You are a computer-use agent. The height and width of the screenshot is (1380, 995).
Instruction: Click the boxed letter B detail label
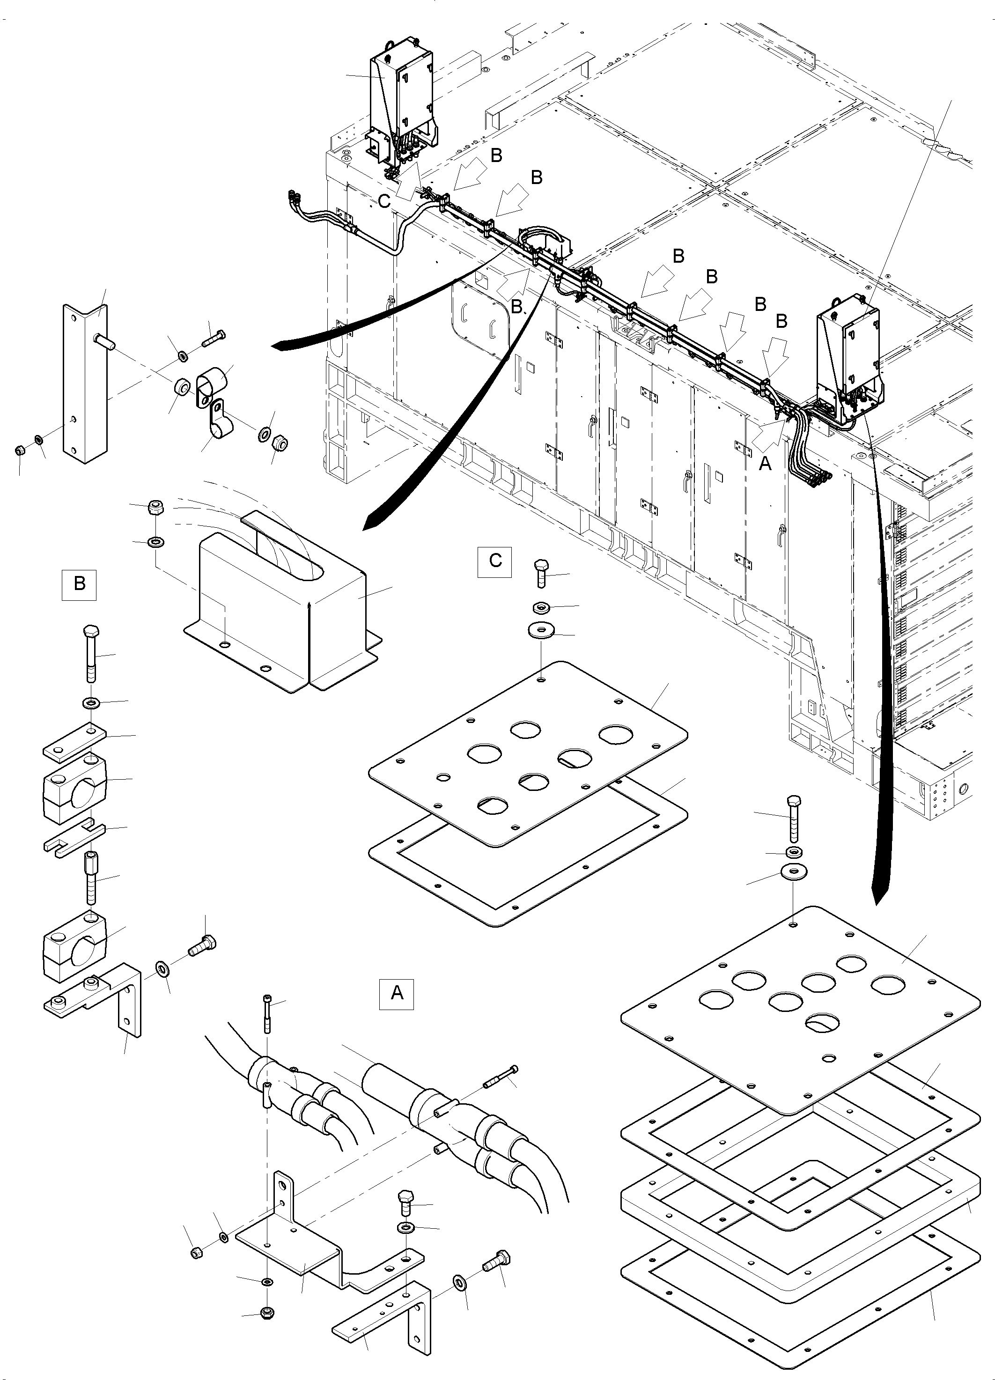click(79, 584)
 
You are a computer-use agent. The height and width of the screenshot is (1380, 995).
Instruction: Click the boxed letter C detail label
click(495, 561)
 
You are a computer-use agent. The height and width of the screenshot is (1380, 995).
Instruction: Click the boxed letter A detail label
click(396, 993)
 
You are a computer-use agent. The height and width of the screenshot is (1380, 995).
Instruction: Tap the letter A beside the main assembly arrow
click(766, 464)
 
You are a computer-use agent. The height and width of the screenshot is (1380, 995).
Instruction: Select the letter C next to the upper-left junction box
click(384, 202)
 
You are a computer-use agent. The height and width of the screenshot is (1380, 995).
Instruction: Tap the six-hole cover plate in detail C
click(530, 754)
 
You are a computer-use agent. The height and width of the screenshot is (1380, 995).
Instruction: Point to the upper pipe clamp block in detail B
click(76, 782)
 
